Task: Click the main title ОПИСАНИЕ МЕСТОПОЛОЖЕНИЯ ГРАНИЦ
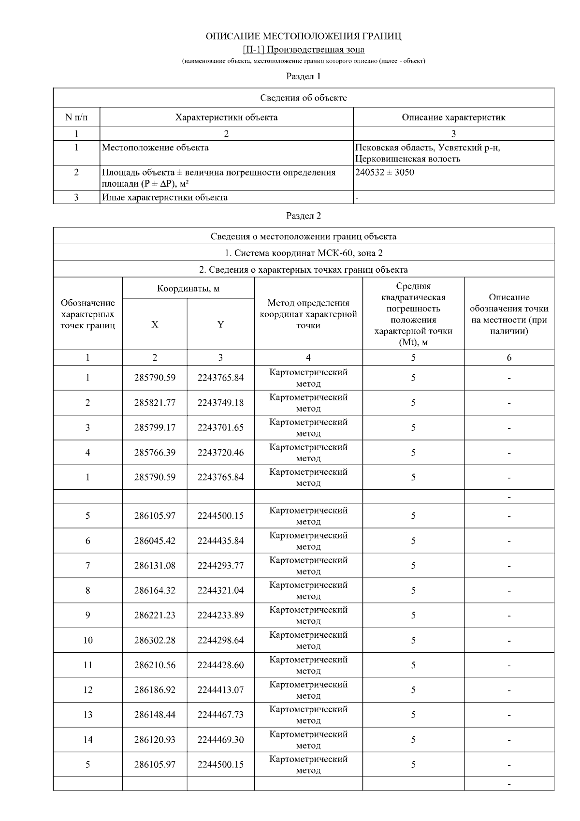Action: [x=304, y=36]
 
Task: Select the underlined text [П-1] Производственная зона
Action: [x=304, y=49]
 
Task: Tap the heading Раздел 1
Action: [x=304, y=76]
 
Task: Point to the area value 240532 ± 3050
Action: [x=385, y=172]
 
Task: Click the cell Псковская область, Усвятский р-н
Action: [x=427, y=147]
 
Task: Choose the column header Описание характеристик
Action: [x=453, y=117]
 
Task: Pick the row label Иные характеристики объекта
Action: [x=165, y=197]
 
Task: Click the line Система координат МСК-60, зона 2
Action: [x=304, y=253]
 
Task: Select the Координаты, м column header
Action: [x=188, y=289]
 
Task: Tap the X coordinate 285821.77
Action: [x=155, y=403]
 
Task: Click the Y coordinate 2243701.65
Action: [x=220, y=427]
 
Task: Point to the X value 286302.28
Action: [x=155, y=640]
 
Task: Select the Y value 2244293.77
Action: [x=220, y=566]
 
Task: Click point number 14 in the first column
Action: [x=87, y=740]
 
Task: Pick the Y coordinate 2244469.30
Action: [x=220, y=740]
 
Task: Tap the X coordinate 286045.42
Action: [x=155, y=541]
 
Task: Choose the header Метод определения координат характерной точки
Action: [x=308, y=314]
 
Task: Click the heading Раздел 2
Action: [x=304, y=216]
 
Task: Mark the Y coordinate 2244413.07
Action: [x=220, y=690]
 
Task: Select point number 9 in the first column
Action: [x=87, y=616]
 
